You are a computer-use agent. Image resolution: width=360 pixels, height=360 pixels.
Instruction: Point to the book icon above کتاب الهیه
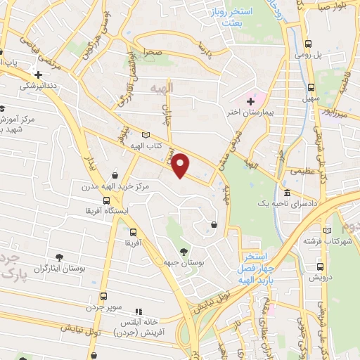coord(146,135)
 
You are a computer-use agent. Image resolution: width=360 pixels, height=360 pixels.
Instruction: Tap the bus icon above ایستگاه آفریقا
coord(106,200)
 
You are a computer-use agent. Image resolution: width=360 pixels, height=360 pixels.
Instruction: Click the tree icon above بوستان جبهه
coord(184,252)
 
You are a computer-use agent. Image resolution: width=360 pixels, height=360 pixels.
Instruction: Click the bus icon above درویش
coord(321,266)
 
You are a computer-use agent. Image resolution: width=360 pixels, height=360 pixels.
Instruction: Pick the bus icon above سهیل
coord(311,87)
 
